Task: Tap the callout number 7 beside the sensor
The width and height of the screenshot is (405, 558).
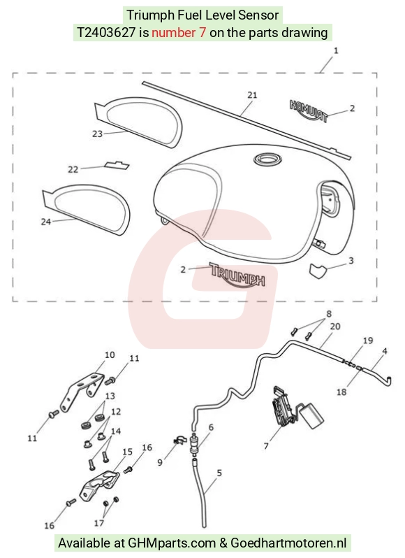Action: pos(266,445)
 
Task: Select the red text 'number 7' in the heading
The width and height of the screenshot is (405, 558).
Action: pos(179,33)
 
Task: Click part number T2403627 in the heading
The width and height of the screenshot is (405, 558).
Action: pos(106,33)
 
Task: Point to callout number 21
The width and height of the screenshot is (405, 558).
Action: pos(252,95)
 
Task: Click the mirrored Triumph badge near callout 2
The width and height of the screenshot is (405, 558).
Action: pos(309,110)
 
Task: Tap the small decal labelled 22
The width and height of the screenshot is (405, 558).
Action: pos(117,165)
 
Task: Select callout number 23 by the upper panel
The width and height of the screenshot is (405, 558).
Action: pos(97,134)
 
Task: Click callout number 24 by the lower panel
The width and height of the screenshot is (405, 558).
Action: pos(46,222)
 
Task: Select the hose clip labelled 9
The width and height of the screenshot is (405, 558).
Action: pos(180,440)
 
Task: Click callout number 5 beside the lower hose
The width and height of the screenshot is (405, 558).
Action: pos(219,473)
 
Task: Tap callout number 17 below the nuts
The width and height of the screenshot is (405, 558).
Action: pos(98,523)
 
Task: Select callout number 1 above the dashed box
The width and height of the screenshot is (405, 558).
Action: pos(336,51)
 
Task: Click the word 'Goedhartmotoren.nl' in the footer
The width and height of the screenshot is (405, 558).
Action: pos(288,543)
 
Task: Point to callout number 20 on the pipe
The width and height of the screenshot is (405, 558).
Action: pos(335,327)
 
